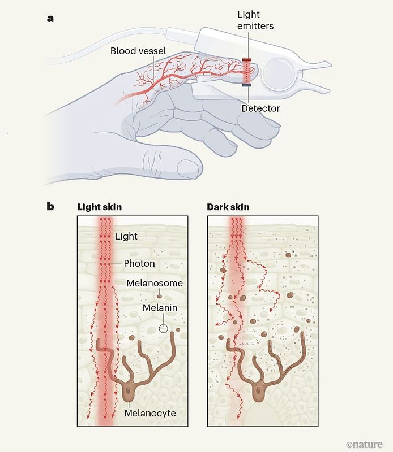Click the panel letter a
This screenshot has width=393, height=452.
(50, 19)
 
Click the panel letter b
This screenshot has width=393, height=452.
(50, 207)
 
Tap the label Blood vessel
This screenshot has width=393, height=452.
(138, 51)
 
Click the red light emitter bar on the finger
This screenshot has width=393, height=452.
(247, 59)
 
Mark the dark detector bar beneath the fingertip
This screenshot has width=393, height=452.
(247, 85)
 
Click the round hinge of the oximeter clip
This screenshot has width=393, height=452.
(277, 73)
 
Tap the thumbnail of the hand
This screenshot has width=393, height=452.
(187, 166)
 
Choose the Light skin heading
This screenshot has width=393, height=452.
(100, 207)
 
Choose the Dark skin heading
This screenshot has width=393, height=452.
(228, 207)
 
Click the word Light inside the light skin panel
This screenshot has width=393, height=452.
(126, 236)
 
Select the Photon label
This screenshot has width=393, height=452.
(139, 264)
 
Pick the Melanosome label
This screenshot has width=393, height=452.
(155, 283)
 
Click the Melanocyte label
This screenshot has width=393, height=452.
(151, 414)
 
